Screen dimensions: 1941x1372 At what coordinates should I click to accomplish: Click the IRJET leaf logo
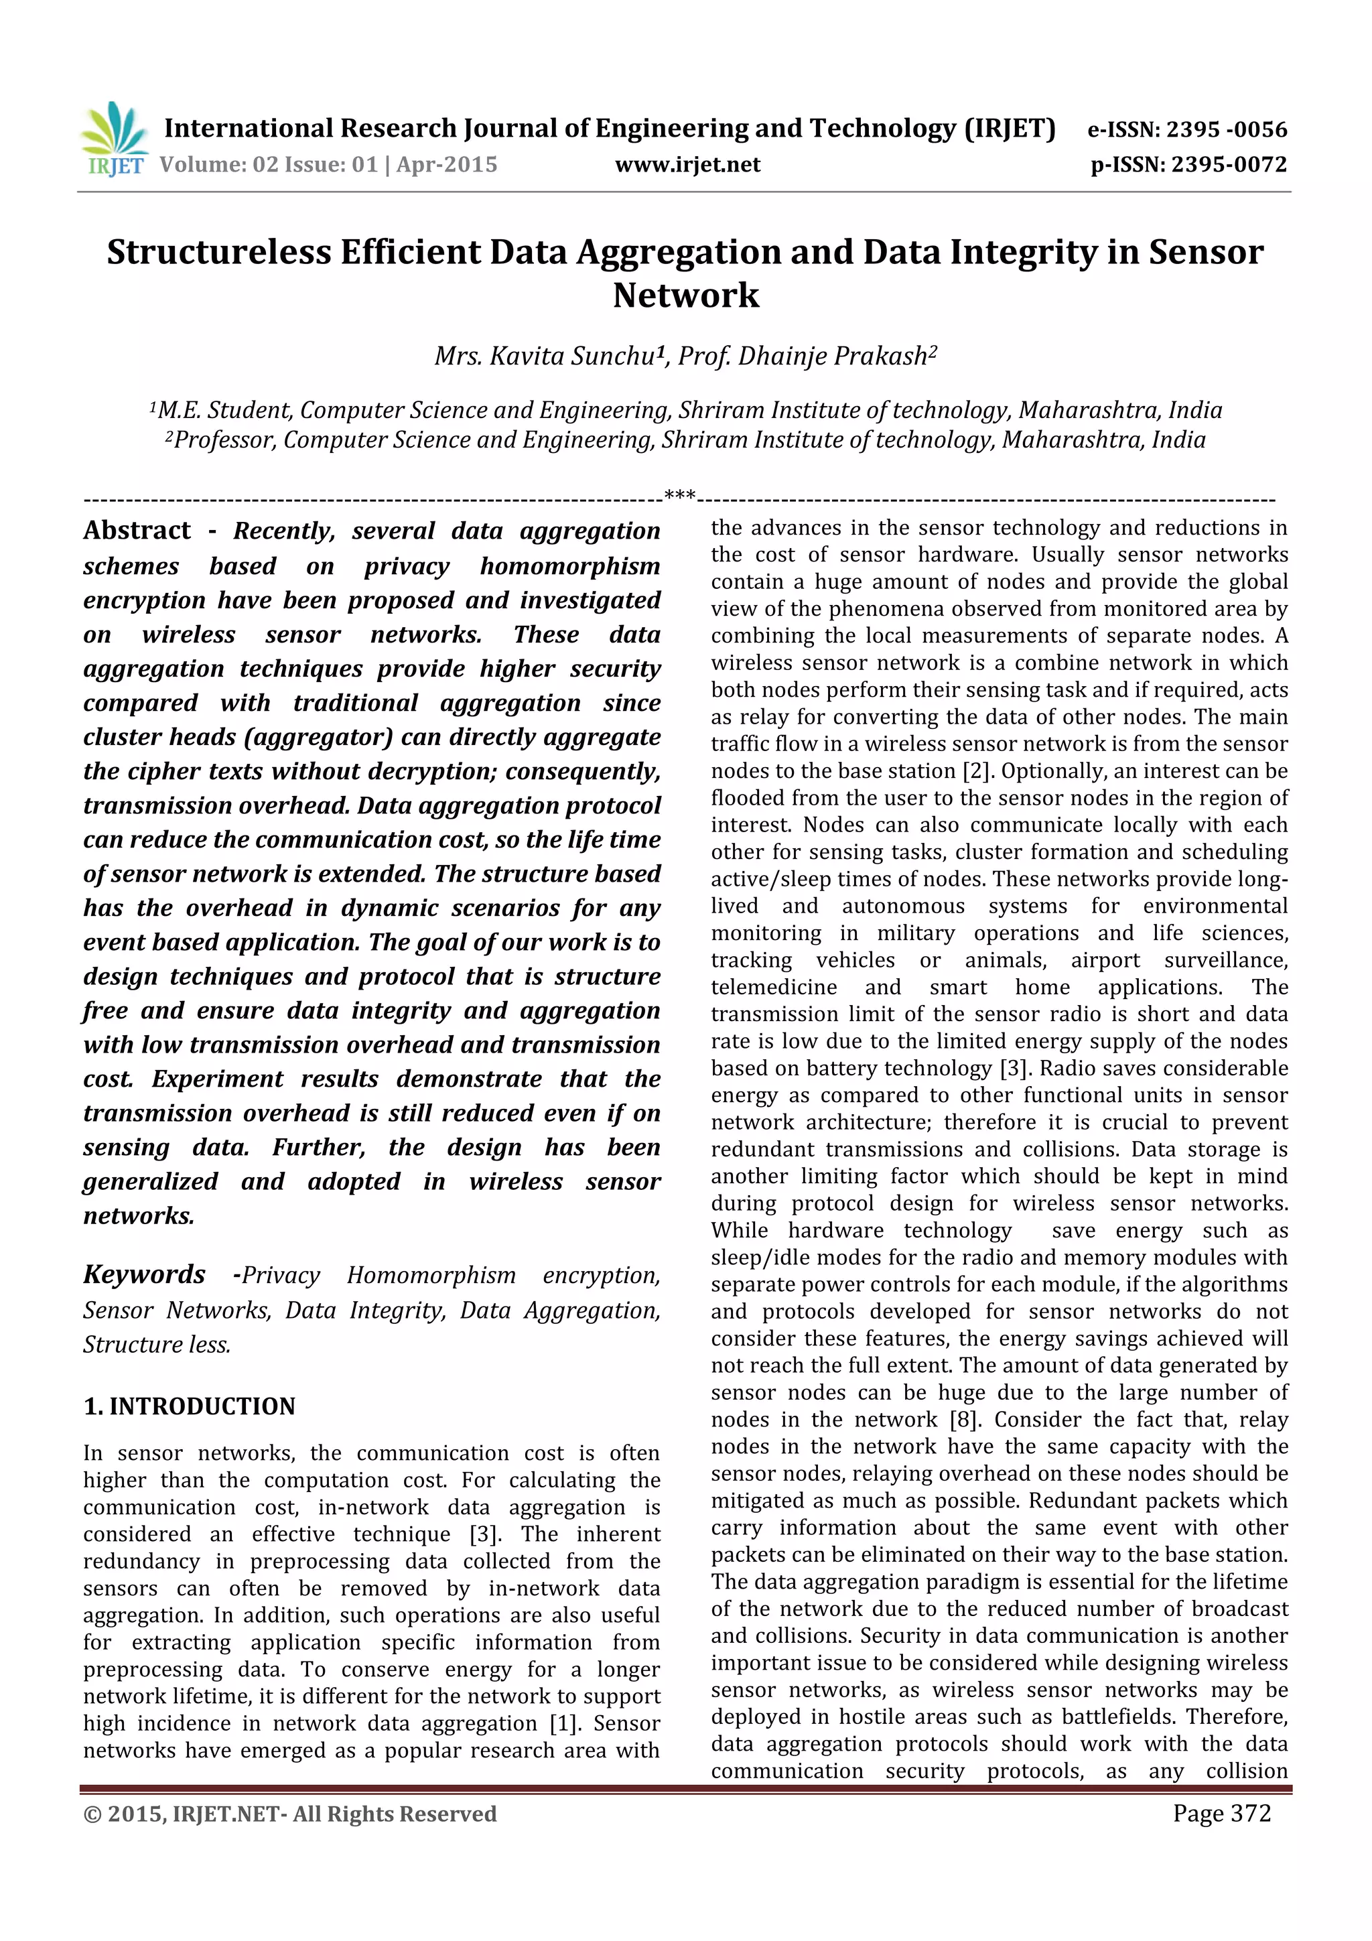click(x=114, y=138)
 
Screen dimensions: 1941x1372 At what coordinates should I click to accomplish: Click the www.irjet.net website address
click(x=687, y=165)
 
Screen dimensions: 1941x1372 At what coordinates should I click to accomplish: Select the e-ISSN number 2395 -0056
click(x=1227, y=129)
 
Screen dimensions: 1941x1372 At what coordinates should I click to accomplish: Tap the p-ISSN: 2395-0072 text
click(x=1188, y=165)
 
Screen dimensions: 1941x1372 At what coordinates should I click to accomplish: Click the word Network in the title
click(x=685, y=295)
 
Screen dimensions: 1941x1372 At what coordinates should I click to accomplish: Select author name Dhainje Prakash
click(x=833, y=356)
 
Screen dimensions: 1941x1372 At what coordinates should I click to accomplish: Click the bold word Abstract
click(x=137, y=531)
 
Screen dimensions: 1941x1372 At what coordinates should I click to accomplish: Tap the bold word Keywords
click(x=145, y=1274)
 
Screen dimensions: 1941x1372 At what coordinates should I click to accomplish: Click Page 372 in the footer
click(x=1221, y=1813)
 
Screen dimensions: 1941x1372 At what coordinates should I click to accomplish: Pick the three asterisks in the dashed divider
click(x=680, y=495)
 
